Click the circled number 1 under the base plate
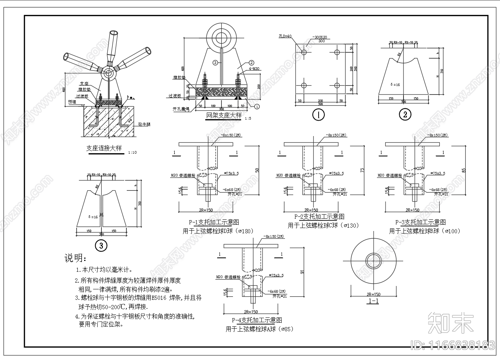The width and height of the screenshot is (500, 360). [x=319, y=115]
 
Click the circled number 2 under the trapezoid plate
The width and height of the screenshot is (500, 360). [x=405, y=114]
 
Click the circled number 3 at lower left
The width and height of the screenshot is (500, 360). [x=101, y=246]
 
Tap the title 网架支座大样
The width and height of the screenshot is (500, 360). [x=224, y=116]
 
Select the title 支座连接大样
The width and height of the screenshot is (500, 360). [x=104, y=148]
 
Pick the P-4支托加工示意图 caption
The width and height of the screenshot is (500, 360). [x=257, y=320]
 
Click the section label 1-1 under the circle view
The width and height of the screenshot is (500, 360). [x=373, y=301]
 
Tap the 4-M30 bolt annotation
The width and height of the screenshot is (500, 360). [x=254, y=69]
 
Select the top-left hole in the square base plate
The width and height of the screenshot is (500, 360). [x=304, y=52]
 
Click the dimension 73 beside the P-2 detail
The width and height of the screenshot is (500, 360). [x=362, y=170]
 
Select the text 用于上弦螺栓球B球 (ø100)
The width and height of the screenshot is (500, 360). [x=424, y=231]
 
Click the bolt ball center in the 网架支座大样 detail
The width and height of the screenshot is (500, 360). [x=221, y=37]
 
